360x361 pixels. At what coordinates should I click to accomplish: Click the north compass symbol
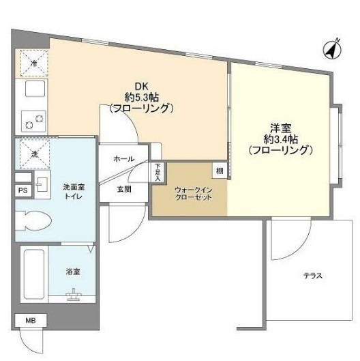332,49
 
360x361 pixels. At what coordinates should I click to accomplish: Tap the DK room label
140,86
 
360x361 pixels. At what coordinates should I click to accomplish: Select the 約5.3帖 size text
141,97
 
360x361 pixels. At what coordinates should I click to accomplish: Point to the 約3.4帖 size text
280,138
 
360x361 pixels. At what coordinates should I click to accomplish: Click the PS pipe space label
22,191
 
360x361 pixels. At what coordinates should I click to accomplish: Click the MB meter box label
30,320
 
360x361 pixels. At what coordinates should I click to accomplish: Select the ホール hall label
123,158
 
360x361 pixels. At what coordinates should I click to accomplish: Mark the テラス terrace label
313,276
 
